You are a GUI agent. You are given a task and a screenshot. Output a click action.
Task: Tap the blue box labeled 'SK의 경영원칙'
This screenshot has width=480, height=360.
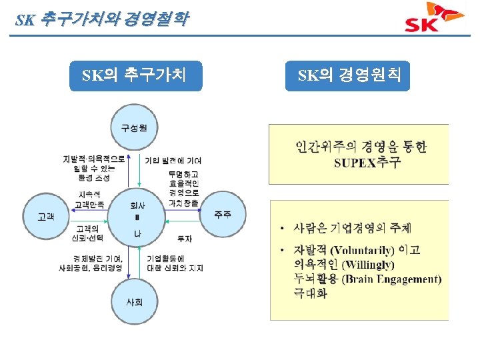point(349,75)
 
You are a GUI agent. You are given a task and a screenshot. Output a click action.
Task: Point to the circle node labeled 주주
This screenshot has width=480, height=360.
point(223,214)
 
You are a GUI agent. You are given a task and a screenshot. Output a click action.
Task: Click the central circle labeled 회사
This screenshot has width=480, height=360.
point(137,215)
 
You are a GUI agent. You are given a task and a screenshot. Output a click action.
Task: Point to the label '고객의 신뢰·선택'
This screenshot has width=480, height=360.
point(87,233)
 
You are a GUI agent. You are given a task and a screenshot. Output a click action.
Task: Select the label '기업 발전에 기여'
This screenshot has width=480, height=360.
point(173,161)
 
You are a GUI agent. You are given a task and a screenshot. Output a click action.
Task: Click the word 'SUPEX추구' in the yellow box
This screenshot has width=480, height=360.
point(367,164)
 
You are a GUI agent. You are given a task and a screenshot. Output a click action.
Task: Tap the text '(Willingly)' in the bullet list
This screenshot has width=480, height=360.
point(368,265)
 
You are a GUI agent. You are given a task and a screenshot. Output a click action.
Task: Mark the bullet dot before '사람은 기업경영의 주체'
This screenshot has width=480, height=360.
point(283,229)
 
